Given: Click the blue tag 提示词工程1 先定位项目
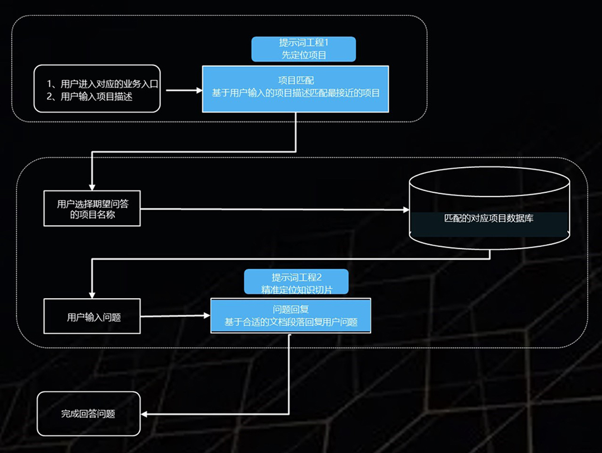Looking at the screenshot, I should tap(303, 49).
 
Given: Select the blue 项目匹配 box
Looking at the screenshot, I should tap(295, 89).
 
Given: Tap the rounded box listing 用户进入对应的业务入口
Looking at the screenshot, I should tap(97, 89).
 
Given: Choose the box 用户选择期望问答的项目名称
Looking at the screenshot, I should tap(92, 209).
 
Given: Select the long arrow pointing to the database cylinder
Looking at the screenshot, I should tap(273, 210).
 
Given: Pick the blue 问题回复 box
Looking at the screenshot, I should tap(290, 315).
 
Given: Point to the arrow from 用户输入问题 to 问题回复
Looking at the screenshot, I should tap(175, 316).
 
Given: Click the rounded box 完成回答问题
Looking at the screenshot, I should tap(89, 414).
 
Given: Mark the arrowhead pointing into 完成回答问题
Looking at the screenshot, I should tap(144, 414).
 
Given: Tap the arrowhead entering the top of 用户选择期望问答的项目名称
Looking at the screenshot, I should tap(92, 187).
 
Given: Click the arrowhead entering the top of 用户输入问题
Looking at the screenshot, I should tap(92, 295).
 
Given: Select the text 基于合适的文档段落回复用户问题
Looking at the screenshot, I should tap(290, 322).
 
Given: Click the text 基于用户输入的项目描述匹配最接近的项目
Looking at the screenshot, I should tap(295, 93).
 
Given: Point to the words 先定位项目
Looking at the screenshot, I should tap(304, 55).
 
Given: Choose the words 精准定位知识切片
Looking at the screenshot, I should tap(297, 289).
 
